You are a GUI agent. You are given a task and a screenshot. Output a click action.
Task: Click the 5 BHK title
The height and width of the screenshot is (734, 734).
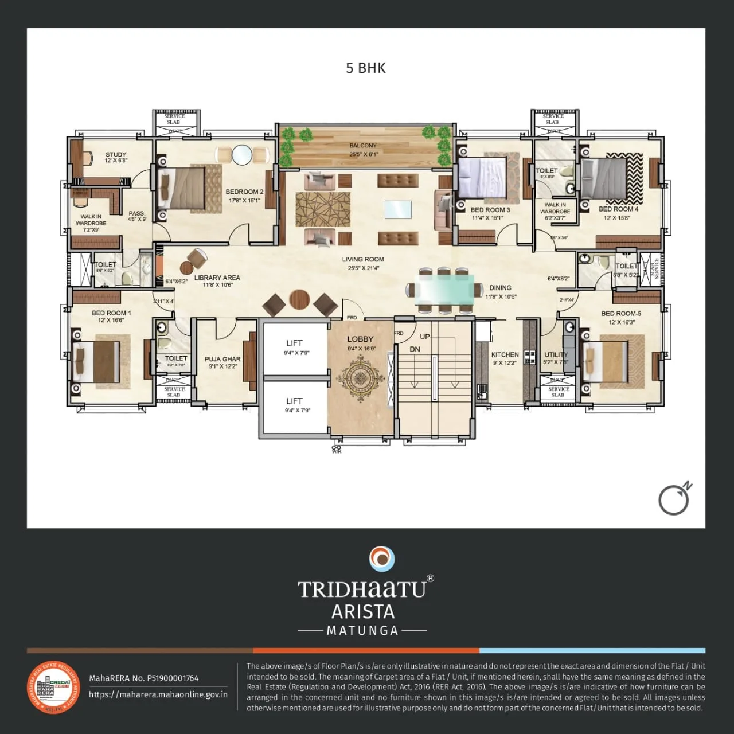366,68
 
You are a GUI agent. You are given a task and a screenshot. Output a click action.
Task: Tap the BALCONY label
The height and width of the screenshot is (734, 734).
363,146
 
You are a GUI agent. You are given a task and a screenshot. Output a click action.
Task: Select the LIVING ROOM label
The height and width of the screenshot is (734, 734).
363,259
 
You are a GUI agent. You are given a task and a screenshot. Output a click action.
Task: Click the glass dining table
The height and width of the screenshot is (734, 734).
445,289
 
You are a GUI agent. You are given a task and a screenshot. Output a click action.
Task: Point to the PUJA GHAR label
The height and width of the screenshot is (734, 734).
222,359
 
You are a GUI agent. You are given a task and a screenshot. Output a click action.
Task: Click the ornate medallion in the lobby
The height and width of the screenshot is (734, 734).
360,377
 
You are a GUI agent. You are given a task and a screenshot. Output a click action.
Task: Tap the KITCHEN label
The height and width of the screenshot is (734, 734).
505,355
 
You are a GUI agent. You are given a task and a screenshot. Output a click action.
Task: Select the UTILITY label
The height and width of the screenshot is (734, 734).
555,355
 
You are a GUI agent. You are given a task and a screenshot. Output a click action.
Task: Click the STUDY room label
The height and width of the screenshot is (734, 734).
116,155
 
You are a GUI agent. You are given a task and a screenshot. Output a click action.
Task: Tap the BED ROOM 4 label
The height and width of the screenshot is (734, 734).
618,209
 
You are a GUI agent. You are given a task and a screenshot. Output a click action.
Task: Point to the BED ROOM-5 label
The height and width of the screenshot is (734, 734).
621,314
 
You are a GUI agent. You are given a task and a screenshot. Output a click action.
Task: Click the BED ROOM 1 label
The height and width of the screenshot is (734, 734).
111,313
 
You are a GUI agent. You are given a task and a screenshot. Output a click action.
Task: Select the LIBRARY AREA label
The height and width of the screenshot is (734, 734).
217,278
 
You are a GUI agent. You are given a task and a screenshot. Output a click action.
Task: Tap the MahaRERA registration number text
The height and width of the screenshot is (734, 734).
143,678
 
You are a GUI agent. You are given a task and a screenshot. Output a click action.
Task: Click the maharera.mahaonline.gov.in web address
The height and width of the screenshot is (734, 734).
158,694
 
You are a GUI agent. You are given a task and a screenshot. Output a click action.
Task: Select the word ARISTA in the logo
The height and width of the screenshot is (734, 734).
363,611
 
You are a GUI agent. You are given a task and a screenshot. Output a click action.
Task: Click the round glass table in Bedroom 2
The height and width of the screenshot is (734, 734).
241,155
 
